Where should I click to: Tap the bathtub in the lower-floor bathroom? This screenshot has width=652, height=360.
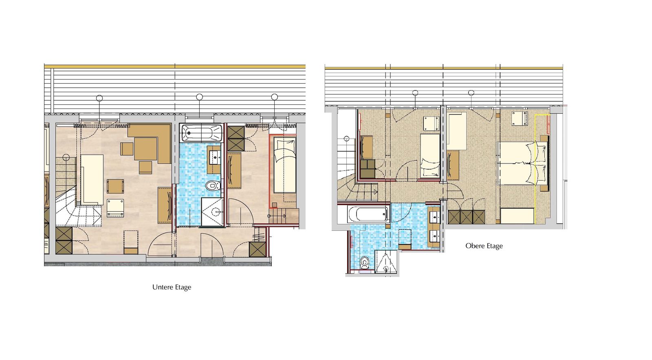(201, 133)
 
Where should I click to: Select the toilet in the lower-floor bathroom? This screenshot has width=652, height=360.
(213, 185)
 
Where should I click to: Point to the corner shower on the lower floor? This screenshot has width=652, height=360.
(212, 212)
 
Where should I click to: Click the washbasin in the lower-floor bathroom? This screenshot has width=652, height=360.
(215, 159)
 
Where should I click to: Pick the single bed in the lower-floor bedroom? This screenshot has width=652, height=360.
(285, 166)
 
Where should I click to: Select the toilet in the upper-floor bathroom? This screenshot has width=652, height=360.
(364, 262)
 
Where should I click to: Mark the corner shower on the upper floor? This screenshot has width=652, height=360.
(386, 261)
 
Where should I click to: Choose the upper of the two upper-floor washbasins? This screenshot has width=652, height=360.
(434, 216)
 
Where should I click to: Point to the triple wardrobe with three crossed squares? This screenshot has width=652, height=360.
(466, 217)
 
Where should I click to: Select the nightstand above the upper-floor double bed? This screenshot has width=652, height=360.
(520, 119)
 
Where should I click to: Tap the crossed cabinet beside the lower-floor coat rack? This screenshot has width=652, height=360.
(258, 249)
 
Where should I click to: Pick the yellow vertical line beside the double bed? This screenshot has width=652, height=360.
(535, 169)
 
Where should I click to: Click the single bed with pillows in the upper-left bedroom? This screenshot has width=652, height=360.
(430, 155)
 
